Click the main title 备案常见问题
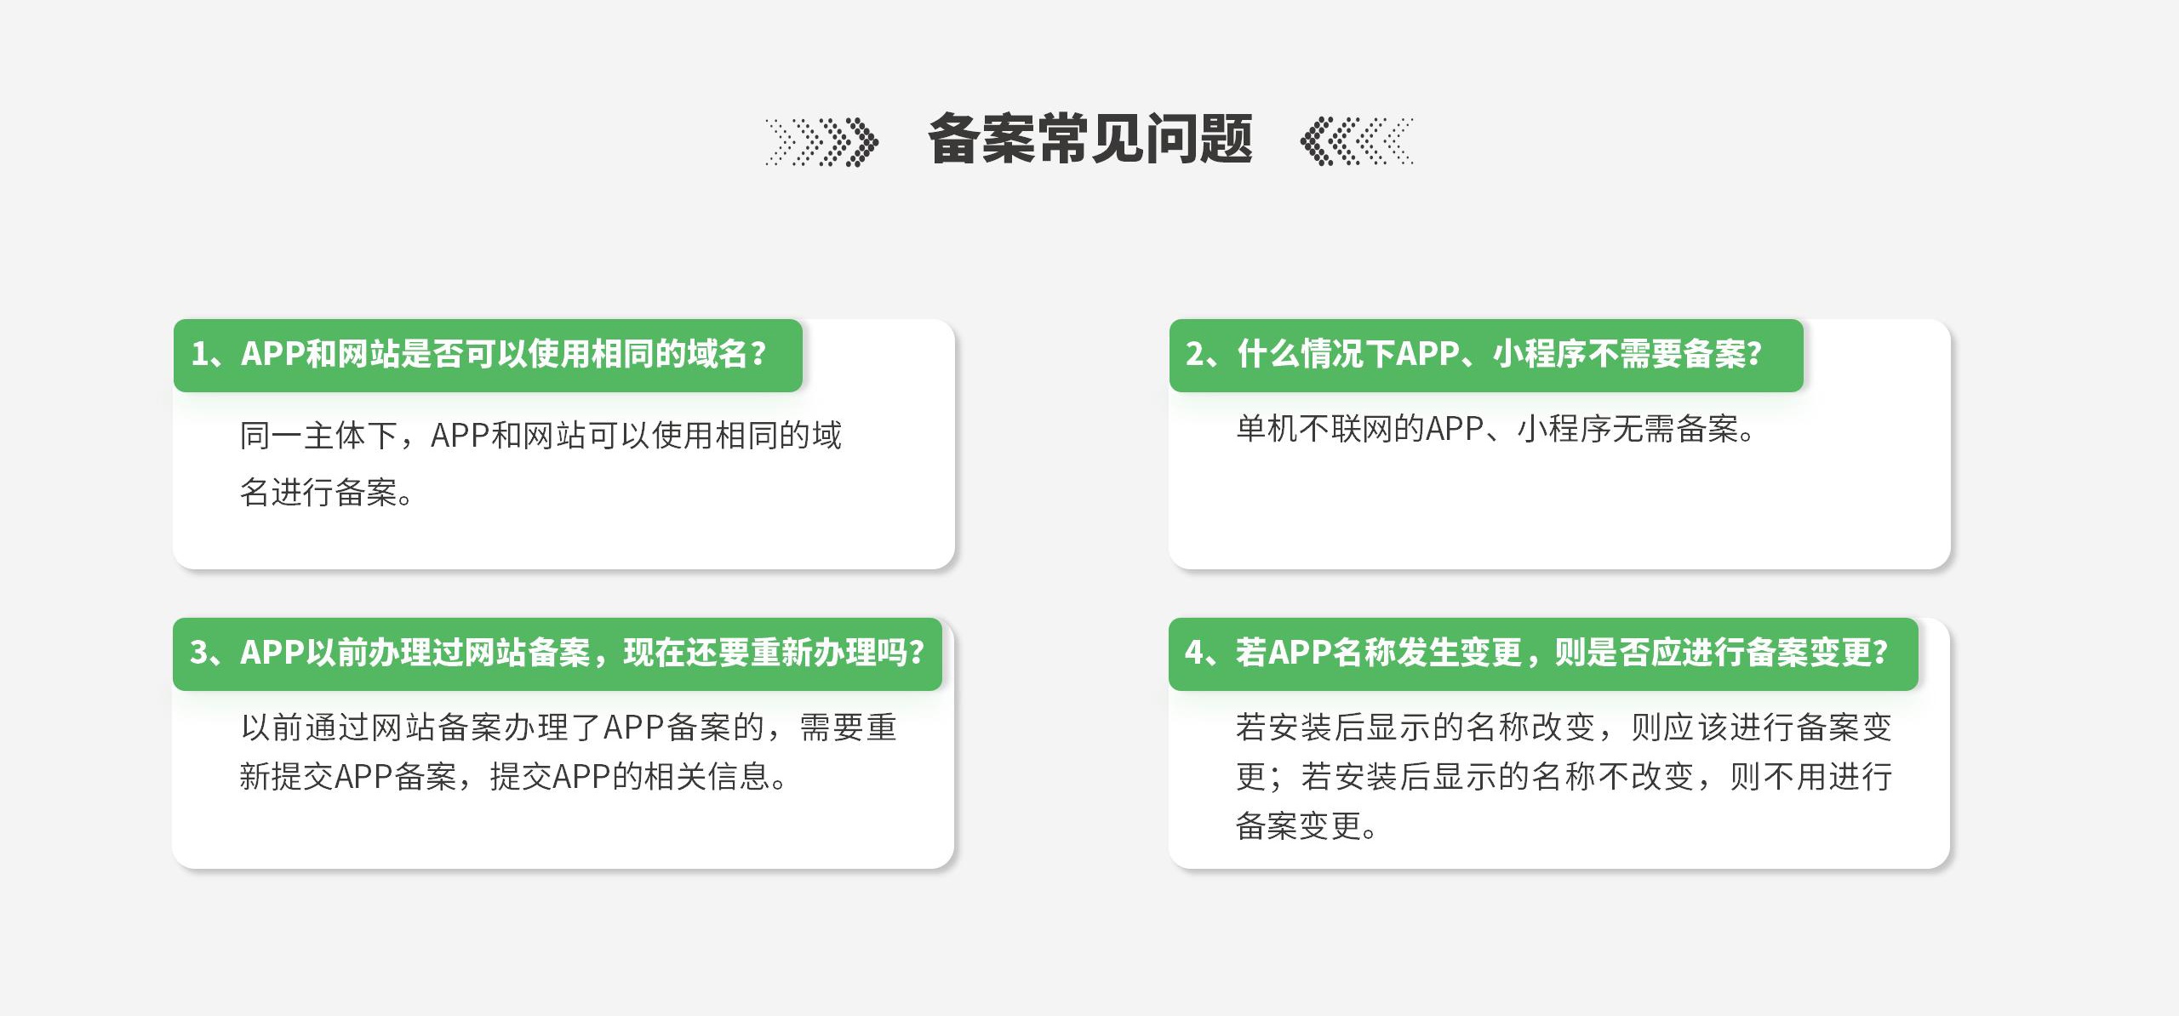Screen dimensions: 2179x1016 [1089, 139]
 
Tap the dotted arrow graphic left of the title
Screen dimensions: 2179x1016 [822, 141]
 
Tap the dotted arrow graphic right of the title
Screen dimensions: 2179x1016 [1357, 141]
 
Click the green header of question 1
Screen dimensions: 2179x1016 [488, 356]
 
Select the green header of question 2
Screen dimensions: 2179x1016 [1486, 356]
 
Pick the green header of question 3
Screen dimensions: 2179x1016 [558, 654]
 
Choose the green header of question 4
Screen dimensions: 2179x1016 [1543, 654]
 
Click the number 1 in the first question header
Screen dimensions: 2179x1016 [200, 354]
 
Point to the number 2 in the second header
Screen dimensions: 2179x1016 [1196, 354]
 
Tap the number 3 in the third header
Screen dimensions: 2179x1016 [199, 653]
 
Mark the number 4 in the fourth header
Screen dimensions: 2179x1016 [1195, 653]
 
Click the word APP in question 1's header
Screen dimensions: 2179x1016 [273, 354]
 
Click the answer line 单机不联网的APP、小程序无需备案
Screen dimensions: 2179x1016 [1495, 429]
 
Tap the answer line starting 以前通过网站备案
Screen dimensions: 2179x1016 [569, 728]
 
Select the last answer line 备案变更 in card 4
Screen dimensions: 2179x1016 [1306, 825]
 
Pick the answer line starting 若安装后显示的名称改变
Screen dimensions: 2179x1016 [1564, 728]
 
